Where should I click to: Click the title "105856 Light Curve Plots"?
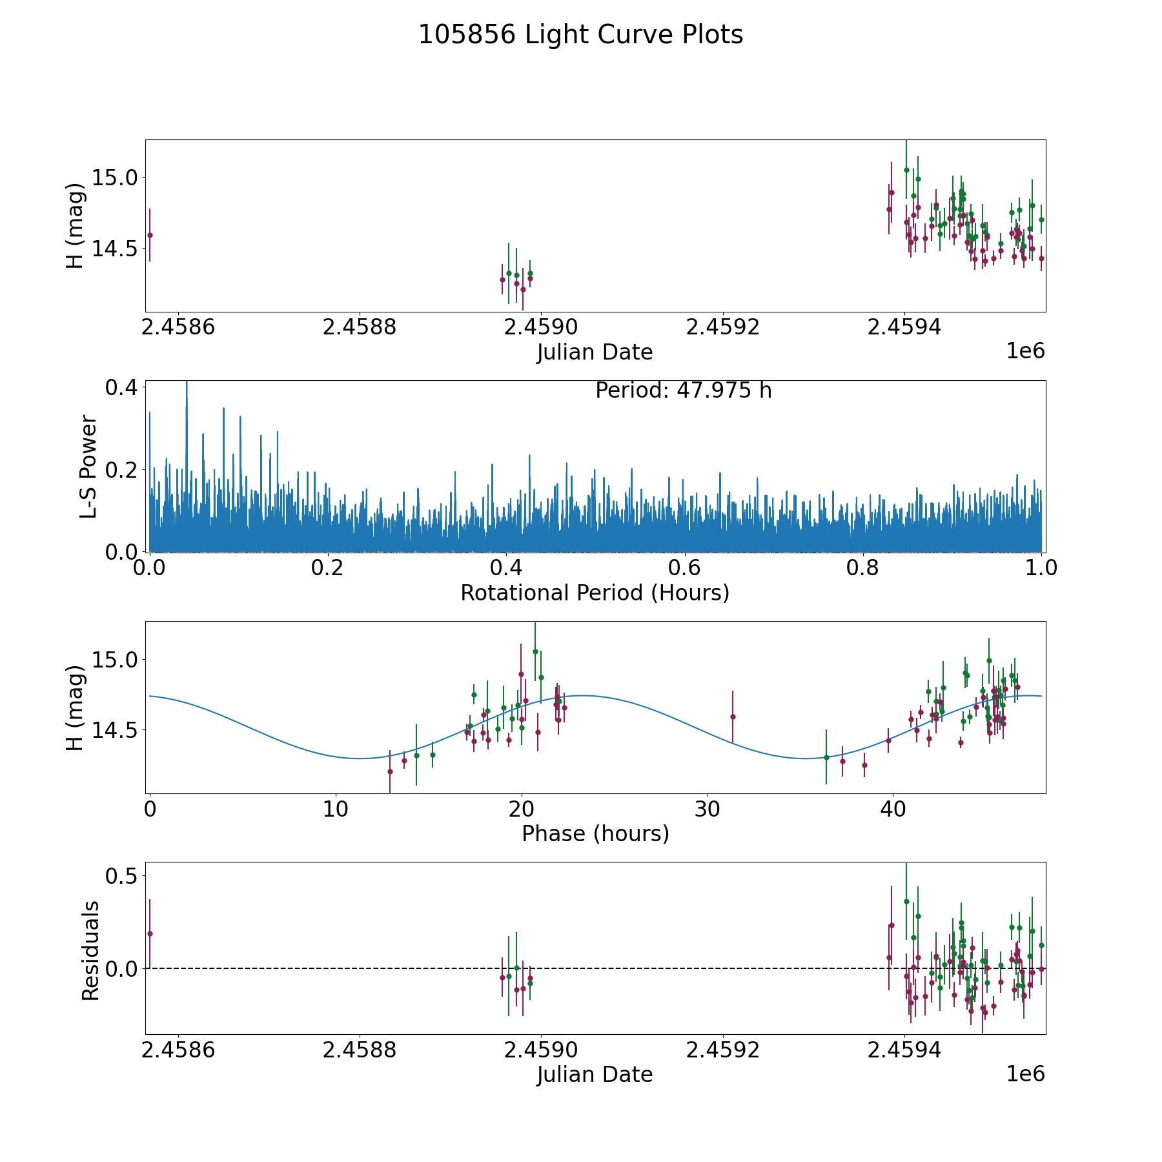tap(580, 35)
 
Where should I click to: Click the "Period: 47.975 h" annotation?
tap(683, 391)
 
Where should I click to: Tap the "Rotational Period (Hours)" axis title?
tap(595, 593)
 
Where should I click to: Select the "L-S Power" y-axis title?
tap(89, 467)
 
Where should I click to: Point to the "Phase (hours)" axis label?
tap(595, 833)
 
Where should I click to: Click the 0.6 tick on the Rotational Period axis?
tap(684, 568)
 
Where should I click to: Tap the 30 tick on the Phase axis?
tap(708, 809)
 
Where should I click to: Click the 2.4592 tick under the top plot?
tap(723, 327)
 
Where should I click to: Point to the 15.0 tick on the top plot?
tap(115, 177)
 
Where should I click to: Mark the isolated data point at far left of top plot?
tap(150, 235)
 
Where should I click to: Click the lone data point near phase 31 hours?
tap(733, 717)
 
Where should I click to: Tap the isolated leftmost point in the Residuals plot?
tap(150, 933)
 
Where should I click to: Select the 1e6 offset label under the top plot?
tap(1025, 351)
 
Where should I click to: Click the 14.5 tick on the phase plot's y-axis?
tap(115, 730)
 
